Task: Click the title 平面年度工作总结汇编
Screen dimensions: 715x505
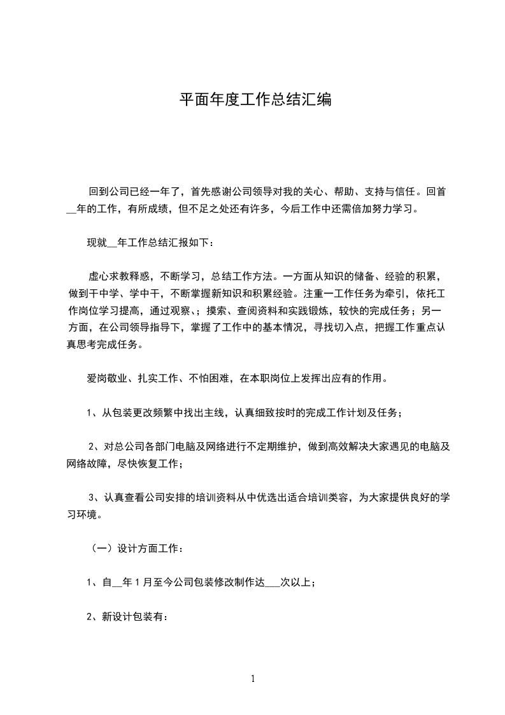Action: (x=255, y=100)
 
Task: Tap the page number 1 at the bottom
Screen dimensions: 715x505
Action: (x=253, y=679)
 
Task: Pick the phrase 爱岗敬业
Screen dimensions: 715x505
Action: (x=101, y=379)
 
